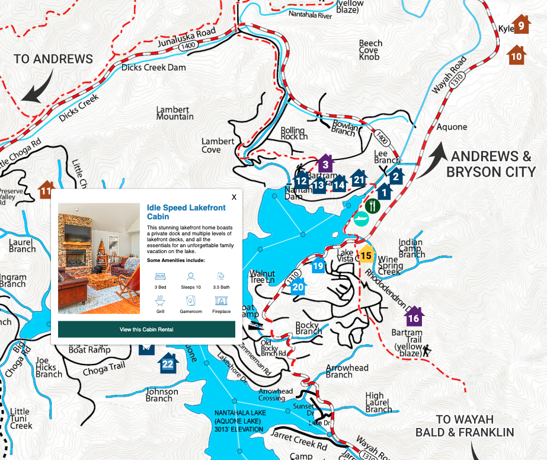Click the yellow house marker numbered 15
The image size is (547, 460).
tap(366, 255)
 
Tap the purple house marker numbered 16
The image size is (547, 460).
tap(414, 317)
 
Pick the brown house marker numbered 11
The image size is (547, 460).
tap(46, 190)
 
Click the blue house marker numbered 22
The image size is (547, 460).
tap(168, 363)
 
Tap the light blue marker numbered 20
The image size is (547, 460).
tap(298, 287)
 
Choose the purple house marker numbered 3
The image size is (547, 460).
tap(325, 163)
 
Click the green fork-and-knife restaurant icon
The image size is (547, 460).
tap(372, 206)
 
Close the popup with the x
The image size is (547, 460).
tap(234, 197)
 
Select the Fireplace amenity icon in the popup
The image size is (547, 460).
tap(221, 302)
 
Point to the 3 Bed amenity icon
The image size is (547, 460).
tap(160, 277)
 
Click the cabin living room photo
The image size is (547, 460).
tap(99, 258)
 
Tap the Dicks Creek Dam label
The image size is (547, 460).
tap(153, 68)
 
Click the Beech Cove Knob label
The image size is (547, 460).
tap(370, 50)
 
